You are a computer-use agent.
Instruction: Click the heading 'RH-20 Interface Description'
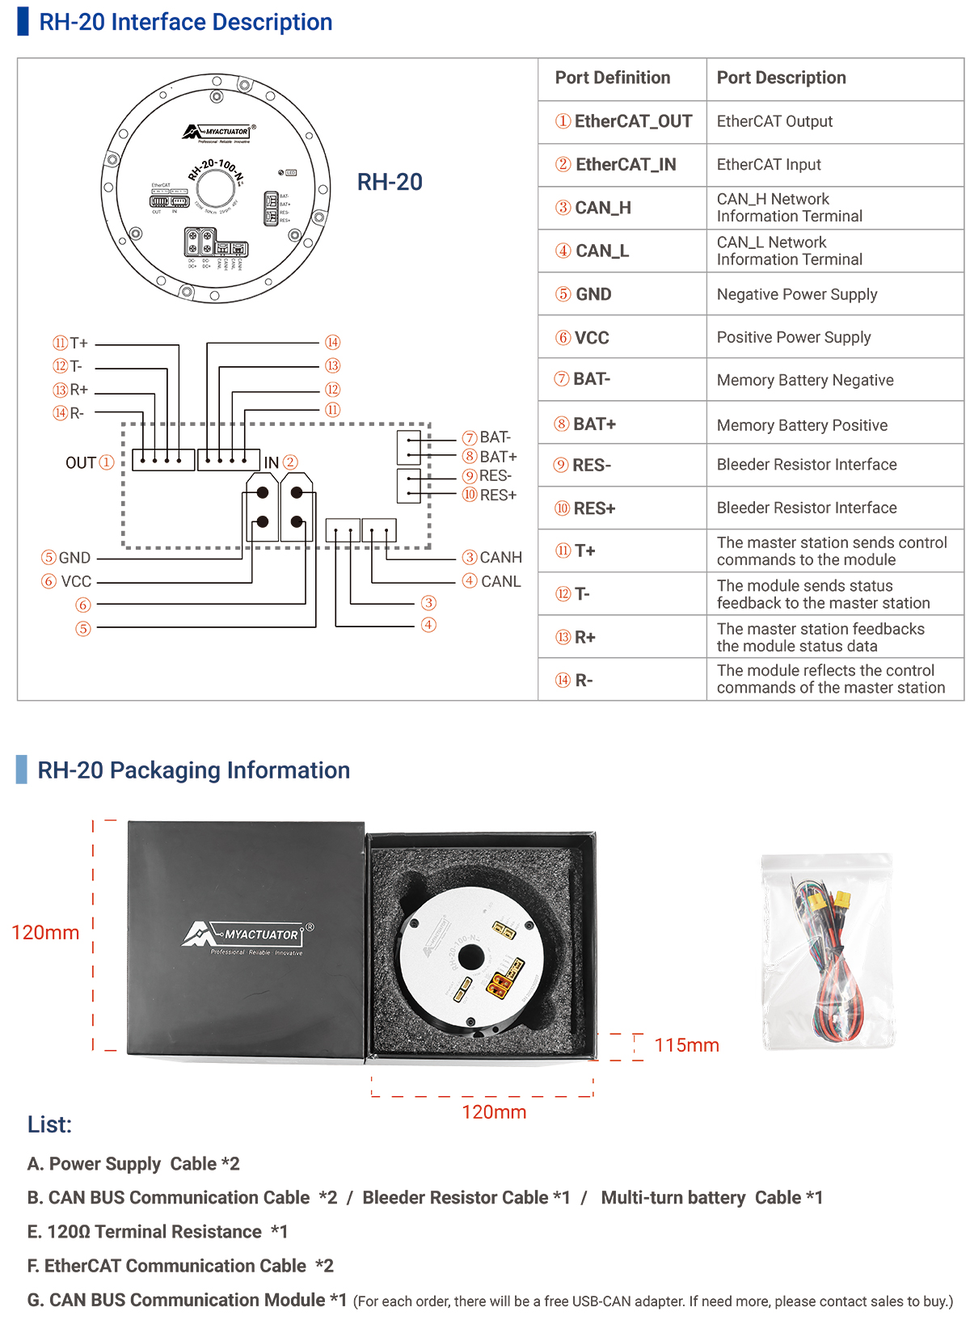[x=185, y=22]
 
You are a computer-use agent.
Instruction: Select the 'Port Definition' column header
[x=612, y=78]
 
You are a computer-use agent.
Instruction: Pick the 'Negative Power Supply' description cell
[x=796, y=294]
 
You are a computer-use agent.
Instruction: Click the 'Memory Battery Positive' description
[x=801, y=425]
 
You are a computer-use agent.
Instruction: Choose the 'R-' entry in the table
[x=583, y=681]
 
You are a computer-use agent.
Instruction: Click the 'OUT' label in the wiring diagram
[x=81, y=462]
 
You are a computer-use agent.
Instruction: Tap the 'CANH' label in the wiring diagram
[x=500, y=557]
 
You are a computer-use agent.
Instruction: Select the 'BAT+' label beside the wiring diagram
[x=498, y=457]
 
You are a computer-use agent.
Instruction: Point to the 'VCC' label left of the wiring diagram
[x=76, y=581]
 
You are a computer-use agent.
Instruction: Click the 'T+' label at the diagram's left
[x=78, y=343]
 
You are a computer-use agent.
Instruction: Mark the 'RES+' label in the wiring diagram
[x=498, y=495]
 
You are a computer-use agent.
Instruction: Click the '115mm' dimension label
[x=686, y=1045]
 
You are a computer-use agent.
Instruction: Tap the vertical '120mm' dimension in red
[x=45, y=933]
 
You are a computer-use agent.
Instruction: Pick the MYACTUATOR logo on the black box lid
[x=247, y=935]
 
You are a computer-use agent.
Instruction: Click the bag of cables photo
[x=827, y=951]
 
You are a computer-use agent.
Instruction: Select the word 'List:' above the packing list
[x=49, y=1124]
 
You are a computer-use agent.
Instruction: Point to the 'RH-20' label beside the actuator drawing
[x=390, y=182]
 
